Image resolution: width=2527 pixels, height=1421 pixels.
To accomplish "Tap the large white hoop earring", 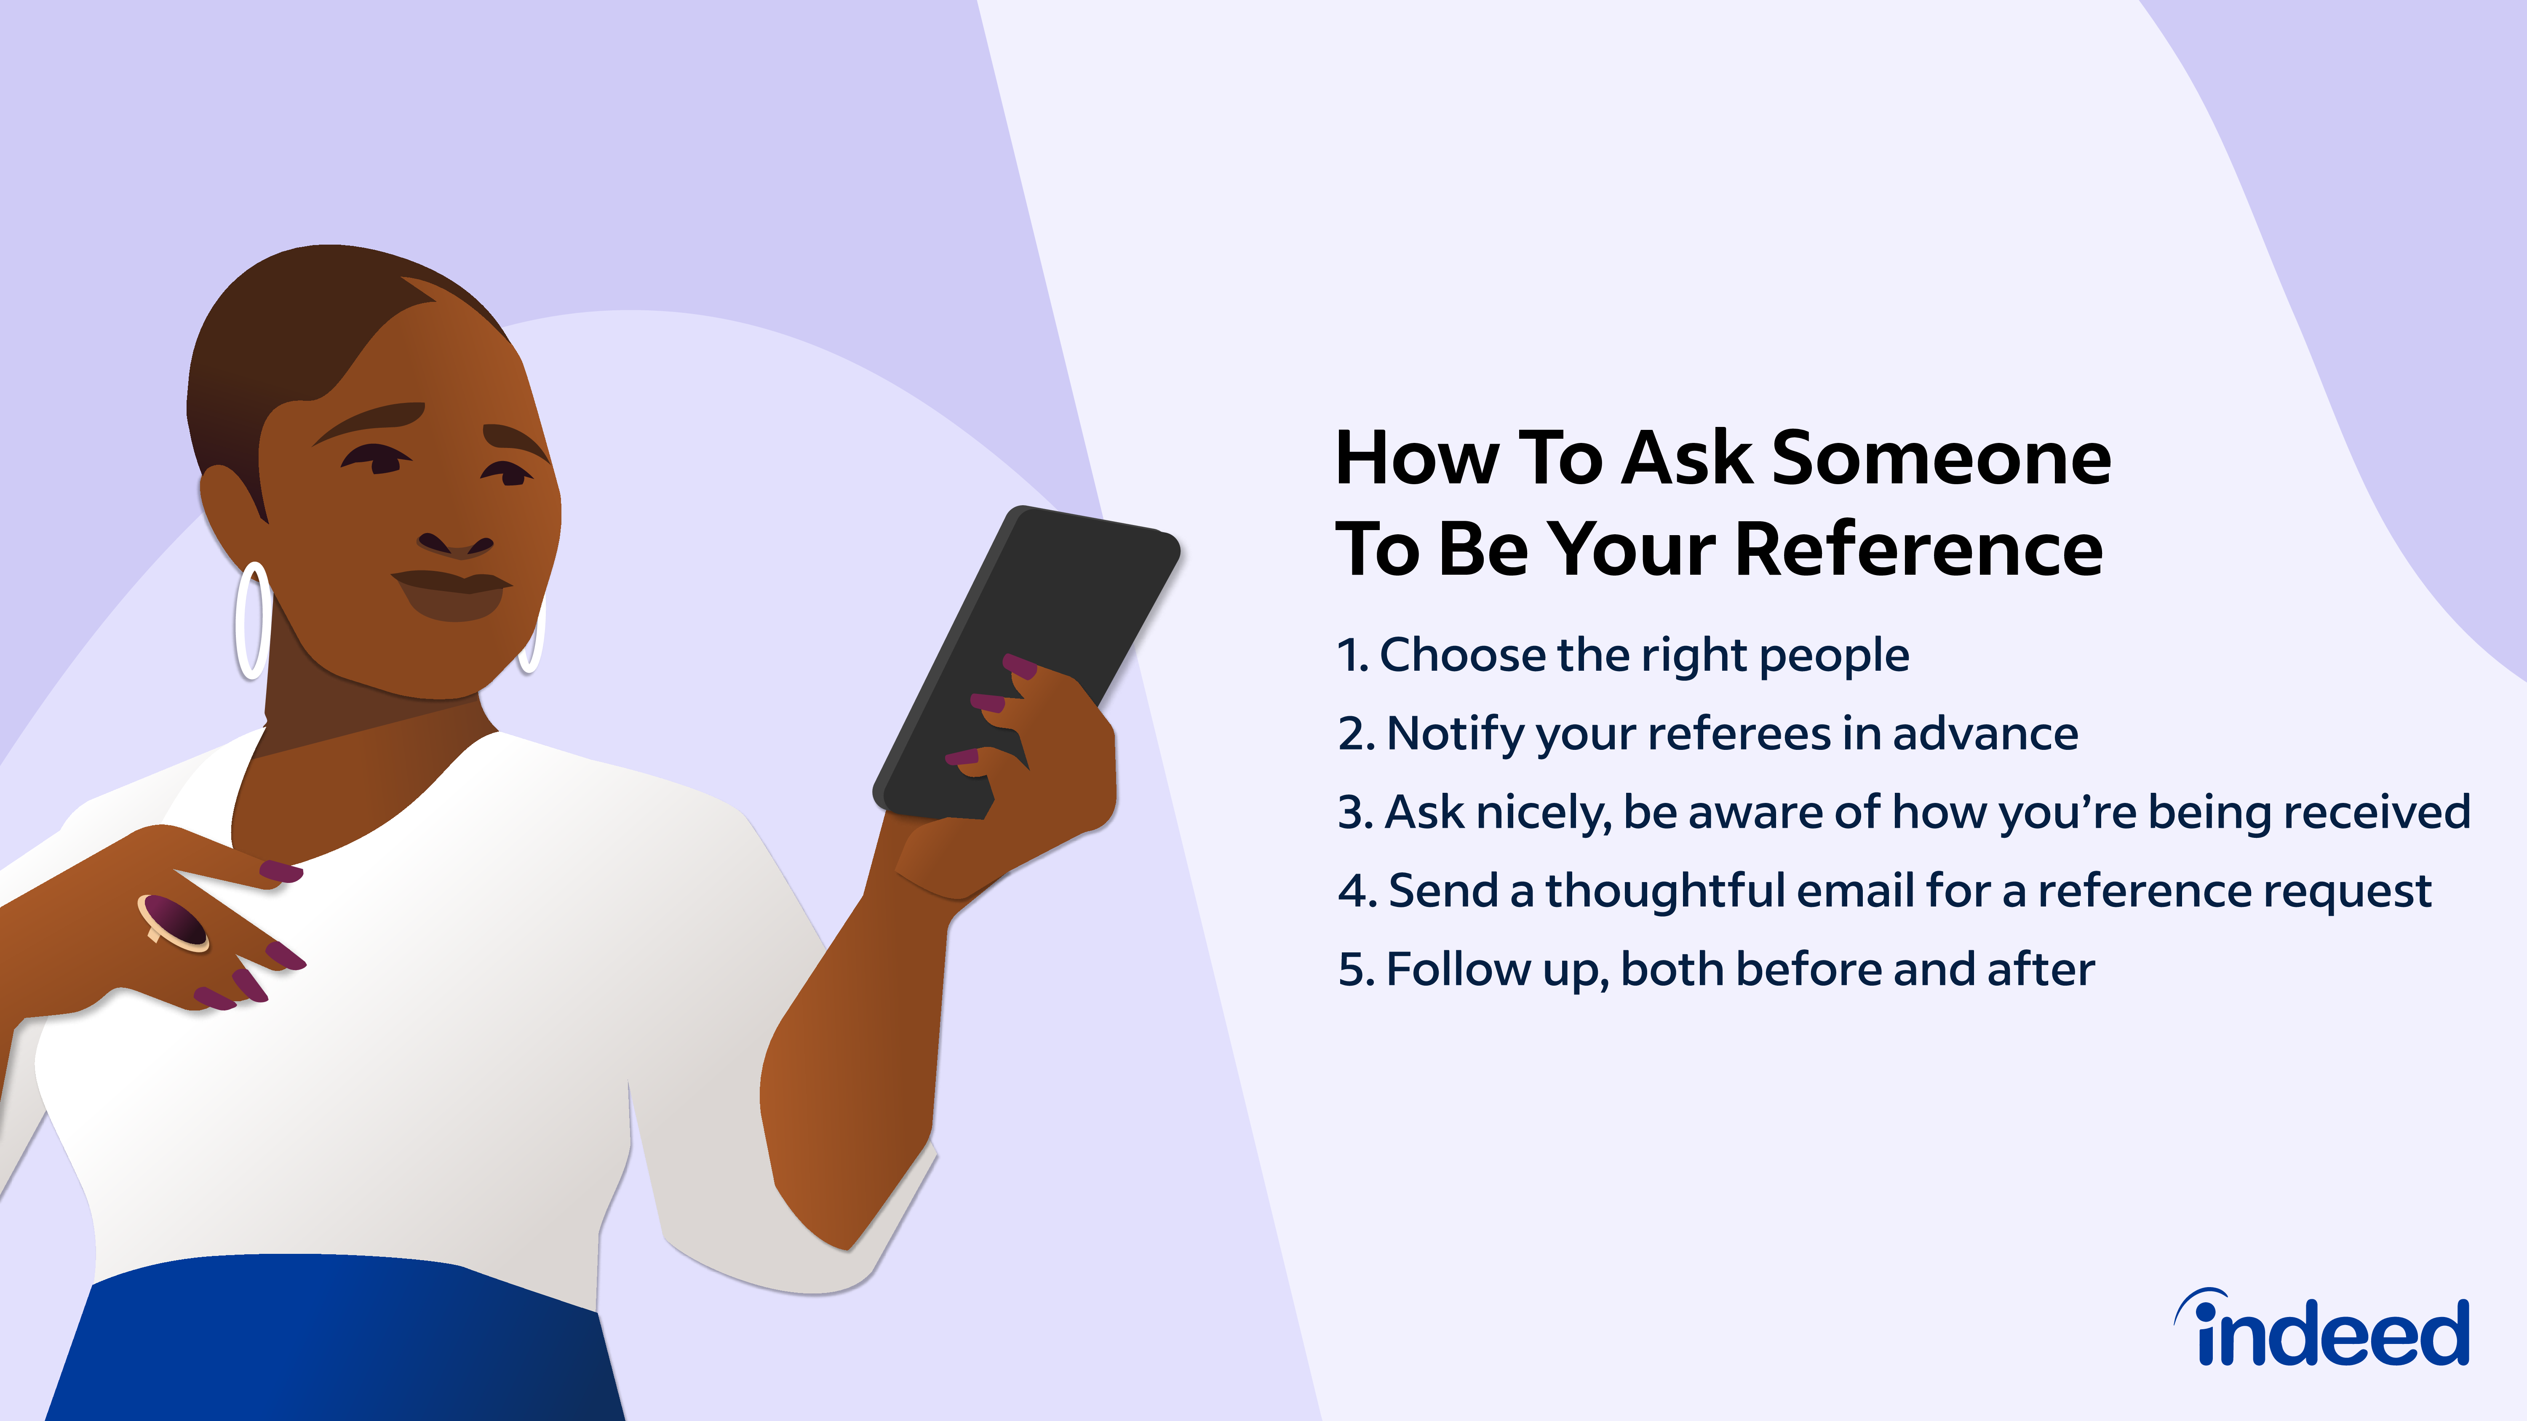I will (252, 620).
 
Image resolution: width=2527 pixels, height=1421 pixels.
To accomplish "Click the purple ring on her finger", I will (174, 922).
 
